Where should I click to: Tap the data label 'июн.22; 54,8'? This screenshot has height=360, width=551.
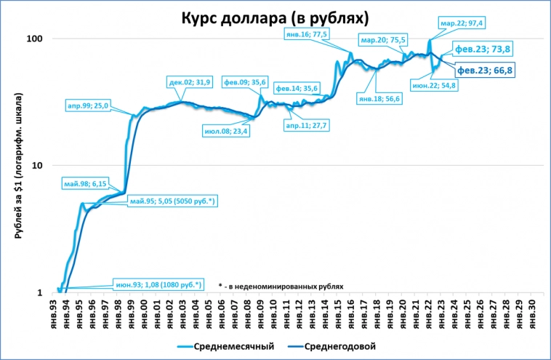pyautogui.click(x=434, y=85)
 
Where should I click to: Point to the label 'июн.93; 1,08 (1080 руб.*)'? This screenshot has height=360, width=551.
pyautogui.click(x=158, y=284)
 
